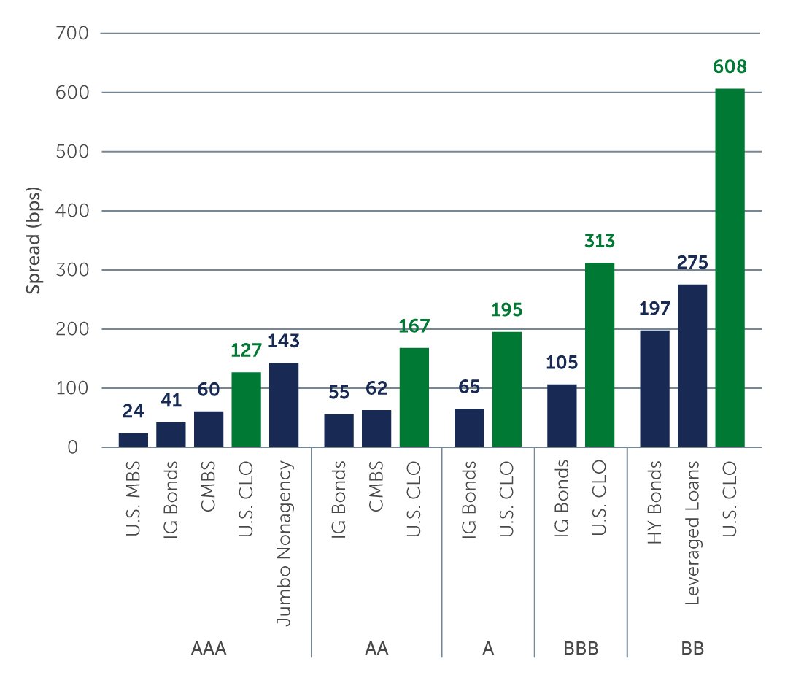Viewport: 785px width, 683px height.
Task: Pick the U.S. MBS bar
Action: pyautogui.click(x=134, y=440)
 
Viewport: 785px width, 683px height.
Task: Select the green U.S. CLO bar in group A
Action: pyautogui.click(x=506, y=390)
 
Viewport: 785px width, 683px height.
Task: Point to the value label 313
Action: pyautogui.click(x=600, y=242)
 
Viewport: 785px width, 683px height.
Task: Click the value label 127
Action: pyautogui.click(x=246, y=352)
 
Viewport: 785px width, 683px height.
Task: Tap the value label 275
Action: pyautogui.click(x=692, y=263)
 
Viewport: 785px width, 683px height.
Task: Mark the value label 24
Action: pyautogui.click(x=134, y=412)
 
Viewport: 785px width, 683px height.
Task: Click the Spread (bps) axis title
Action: pyautogui.click(x=33, y=240)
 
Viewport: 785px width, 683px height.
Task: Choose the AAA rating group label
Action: pyautogui.click(x=208, y=649)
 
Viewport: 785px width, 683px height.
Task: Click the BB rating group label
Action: pyautogui.click(x=692, y=649)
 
